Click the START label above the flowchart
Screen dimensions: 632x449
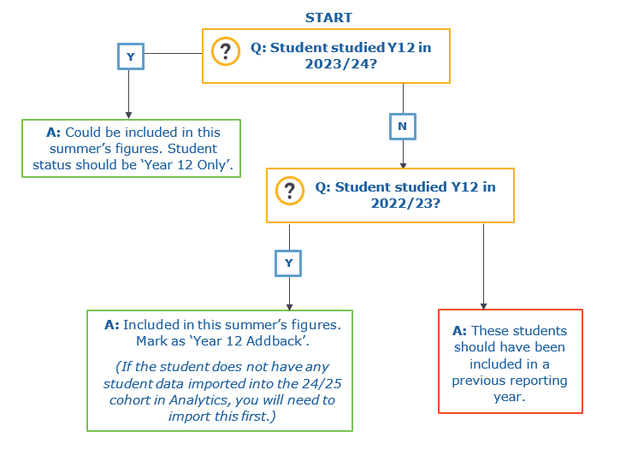(328, 18)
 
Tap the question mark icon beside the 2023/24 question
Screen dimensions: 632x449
(226, 51)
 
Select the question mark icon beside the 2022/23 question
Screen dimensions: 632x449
(290, 191)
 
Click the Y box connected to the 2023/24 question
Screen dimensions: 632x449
(131, 56)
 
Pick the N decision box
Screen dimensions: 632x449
(403, 127)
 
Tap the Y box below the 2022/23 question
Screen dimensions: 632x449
(288, 263)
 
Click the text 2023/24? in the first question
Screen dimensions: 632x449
(341, 64)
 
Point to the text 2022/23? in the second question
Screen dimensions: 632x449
(405, 204)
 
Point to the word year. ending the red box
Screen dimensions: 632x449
(510, 397)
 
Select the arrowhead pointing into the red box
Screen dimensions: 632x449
(484, 306)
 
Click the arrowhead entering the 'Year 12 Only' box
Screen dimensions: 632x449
(128, 115)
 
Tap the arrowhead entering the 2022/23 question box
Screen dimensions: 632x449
(403, 165)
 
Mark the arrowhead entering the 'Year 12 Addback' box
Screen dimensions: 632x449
(289, 307)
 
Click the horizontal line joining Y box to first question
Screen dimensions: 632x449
(174, 53)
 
